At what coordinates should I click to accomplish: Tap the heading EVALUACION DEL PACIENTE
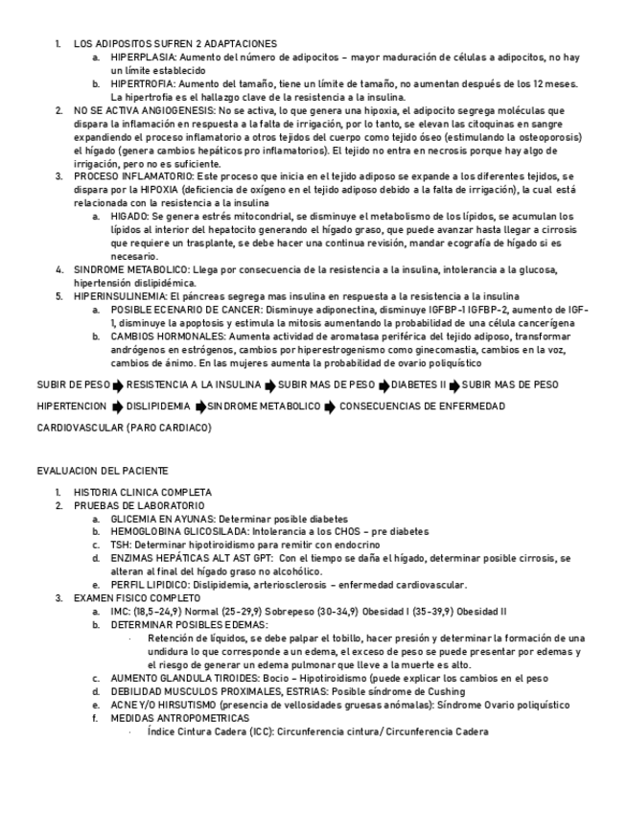(102, 471)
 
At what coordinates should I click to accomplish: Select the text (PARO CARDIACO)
(168, 428)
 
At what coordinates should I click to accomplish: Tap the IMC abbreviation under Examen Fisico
(120, 611)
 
